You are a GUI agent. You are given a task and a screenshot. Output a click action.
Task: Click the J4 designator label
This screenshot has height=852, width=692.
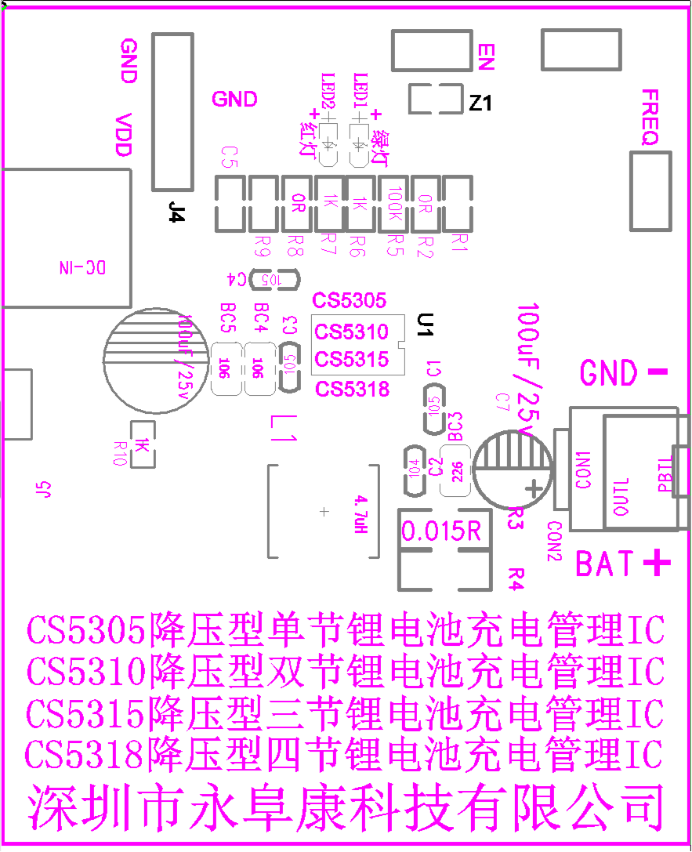point(177,212)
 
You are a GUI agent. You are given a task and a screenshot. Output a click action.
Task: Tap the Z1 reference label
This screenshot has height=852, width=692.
point(480,103)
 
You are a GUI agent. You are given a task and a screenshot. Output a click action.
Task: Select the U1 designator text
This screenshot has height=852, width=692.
point(424,325)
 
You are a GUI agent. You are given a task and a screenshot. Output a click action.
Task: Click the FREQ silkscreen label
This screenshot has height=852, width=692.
point(650,118)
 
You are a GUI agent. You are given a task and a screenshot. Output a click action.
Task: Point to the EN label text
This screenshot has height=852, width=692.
point(486,56)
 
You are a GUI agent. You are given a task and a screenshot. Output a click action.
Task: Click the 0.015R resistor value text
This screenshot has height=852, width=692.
point(441,531)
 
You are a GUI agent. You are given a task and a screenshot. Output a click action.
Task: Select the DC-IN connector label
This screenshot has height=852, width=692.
point(82,267)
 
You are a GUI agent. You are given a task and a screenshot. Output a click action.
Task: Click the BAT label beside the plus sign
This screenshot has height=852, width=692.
point(605,563)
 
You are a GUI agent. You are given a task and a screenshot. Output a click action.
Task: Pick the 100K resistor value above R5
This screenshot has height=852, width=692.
point(395,203)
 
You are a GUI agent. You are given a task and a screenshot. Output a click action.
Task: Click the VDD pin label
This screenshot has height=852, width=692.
point(124,135)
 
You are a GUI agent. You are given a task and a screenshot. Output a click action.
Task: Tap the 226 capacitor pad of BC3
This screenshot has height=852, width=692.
point(455,470)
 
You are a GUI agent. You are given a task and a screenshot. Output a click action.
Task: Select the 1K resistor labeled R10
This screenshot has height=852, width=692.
point(143,445)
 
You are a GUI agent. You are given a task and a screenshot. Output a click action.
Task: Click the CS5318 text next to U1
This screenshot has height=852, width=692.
point(351,388)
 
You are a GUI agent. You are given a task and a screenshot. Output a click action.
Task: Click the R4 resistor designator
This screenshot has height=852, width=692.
point(516,578)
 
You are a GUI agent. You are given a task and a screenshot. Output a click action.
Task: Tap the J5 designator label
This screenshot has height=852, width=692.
point(44,490)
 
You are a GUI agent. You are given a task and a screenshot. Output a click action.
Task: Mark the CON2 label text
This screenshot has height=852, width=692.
point(555,541)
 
